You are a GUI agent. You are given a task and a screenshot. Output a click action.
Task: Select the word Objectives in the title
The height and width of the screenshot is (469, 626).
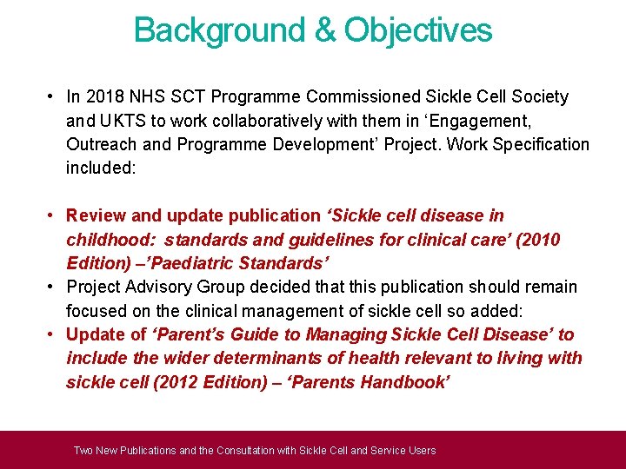coord(418,30)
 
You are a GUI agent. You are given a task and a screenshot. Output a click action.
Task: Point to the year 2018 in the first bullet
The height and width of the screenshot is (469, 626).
coord(100,96)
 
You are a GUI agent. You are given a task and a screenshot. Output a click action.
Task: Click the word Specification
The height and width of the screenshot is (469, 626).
coord(540,144)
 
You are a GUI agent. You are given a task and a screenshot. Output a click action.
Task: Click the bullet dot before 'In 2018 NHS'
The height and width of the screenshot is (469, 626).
coord(53,96)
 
